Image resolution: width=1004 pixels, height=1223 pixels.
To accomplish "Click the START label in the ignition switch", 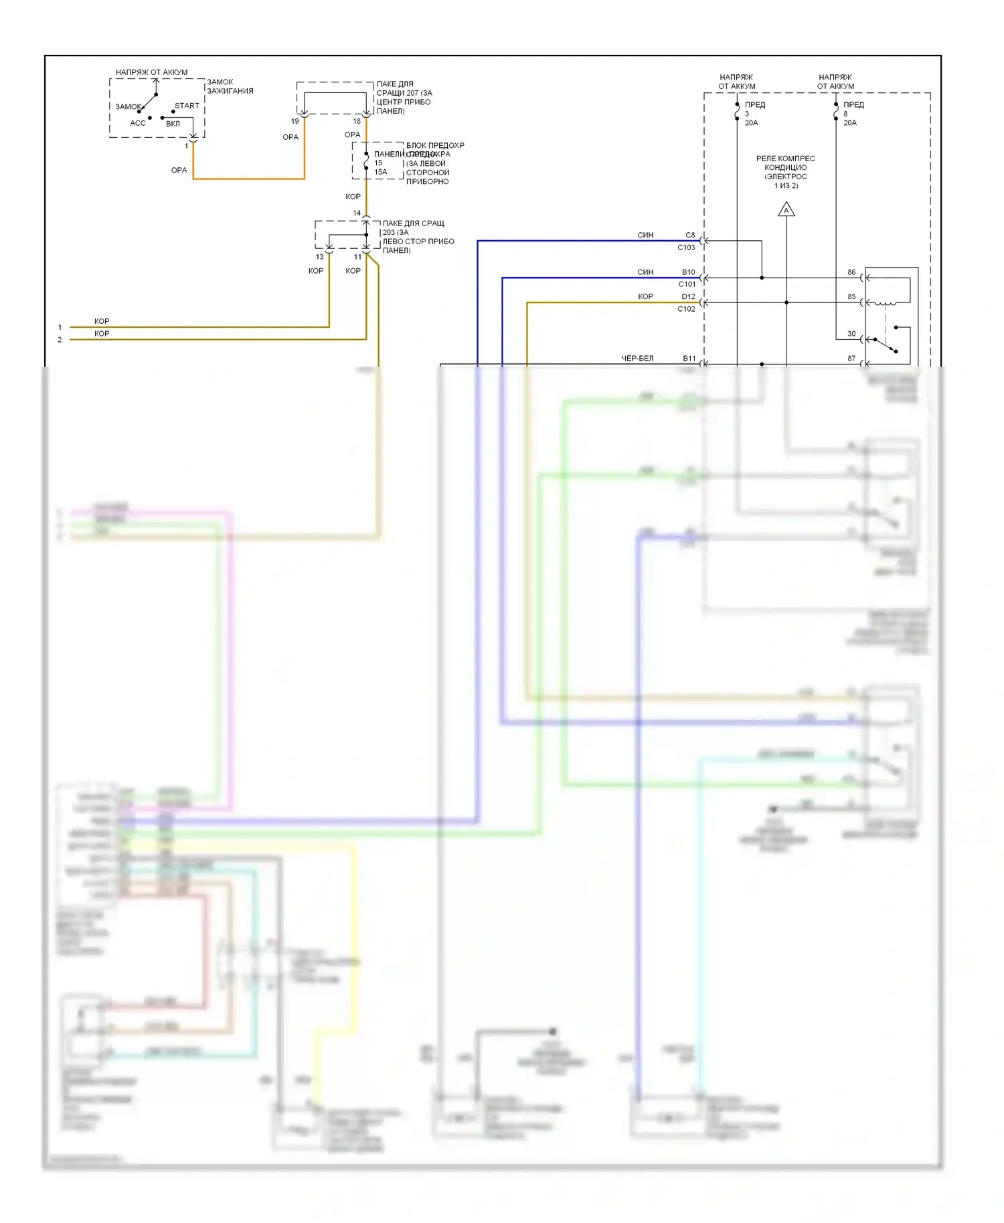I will point(187,106).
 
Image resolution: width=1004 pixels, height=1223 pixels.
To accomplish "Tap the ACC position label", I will point(138,123).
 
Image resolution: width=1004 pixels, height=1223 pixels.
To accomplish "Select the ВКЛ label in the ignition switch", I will point(173,124).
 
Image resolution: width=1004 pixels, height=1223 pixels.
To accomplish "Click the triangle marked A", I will point(786,211).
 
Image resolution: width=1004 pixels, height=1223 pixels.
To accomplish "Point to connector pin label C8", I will point(690,235).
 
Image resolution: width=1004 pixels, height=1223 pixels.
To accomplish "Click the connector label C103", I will point(686,248).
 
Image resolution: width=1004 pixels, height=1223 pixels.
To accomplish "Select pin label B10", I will point(688,272).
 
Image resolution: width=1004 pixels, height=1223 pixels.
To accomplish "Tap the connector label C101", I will point(687,284).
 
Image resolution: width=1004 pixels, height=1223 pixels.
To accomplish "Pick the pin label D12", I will point(688,296).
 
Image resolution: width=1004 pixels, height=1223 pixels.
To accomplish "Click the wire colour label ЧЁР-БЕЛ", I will point(637,359).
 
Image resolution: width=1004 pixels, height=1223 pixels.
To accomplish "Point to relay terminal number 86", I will point(851,272).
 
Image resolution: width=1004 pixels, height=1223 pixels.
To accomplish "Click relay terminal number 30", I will point(851,333).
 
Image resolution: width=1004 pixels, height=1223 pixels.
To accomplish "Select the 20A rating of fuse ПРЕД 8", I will point(850,123).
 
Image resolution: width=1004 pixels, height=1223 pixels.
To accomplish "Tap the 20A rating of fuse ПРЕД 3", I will point(752,123).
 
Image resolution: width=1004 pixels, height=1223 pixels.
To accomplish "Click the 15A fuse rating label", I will point(381,172).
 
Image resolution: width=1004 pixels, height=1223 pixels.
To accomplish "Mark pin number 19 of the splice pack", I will point(295,121).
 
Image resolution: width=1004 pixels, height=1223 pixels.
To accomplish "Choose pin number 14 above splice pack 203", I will point(357,213).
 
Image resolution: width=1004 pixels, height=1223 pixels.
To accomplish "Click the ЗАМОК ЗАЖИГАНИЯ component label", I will point(230,86).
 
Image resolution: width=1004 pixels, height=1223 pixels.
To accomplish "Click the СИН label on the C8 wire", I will point(645,235).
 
